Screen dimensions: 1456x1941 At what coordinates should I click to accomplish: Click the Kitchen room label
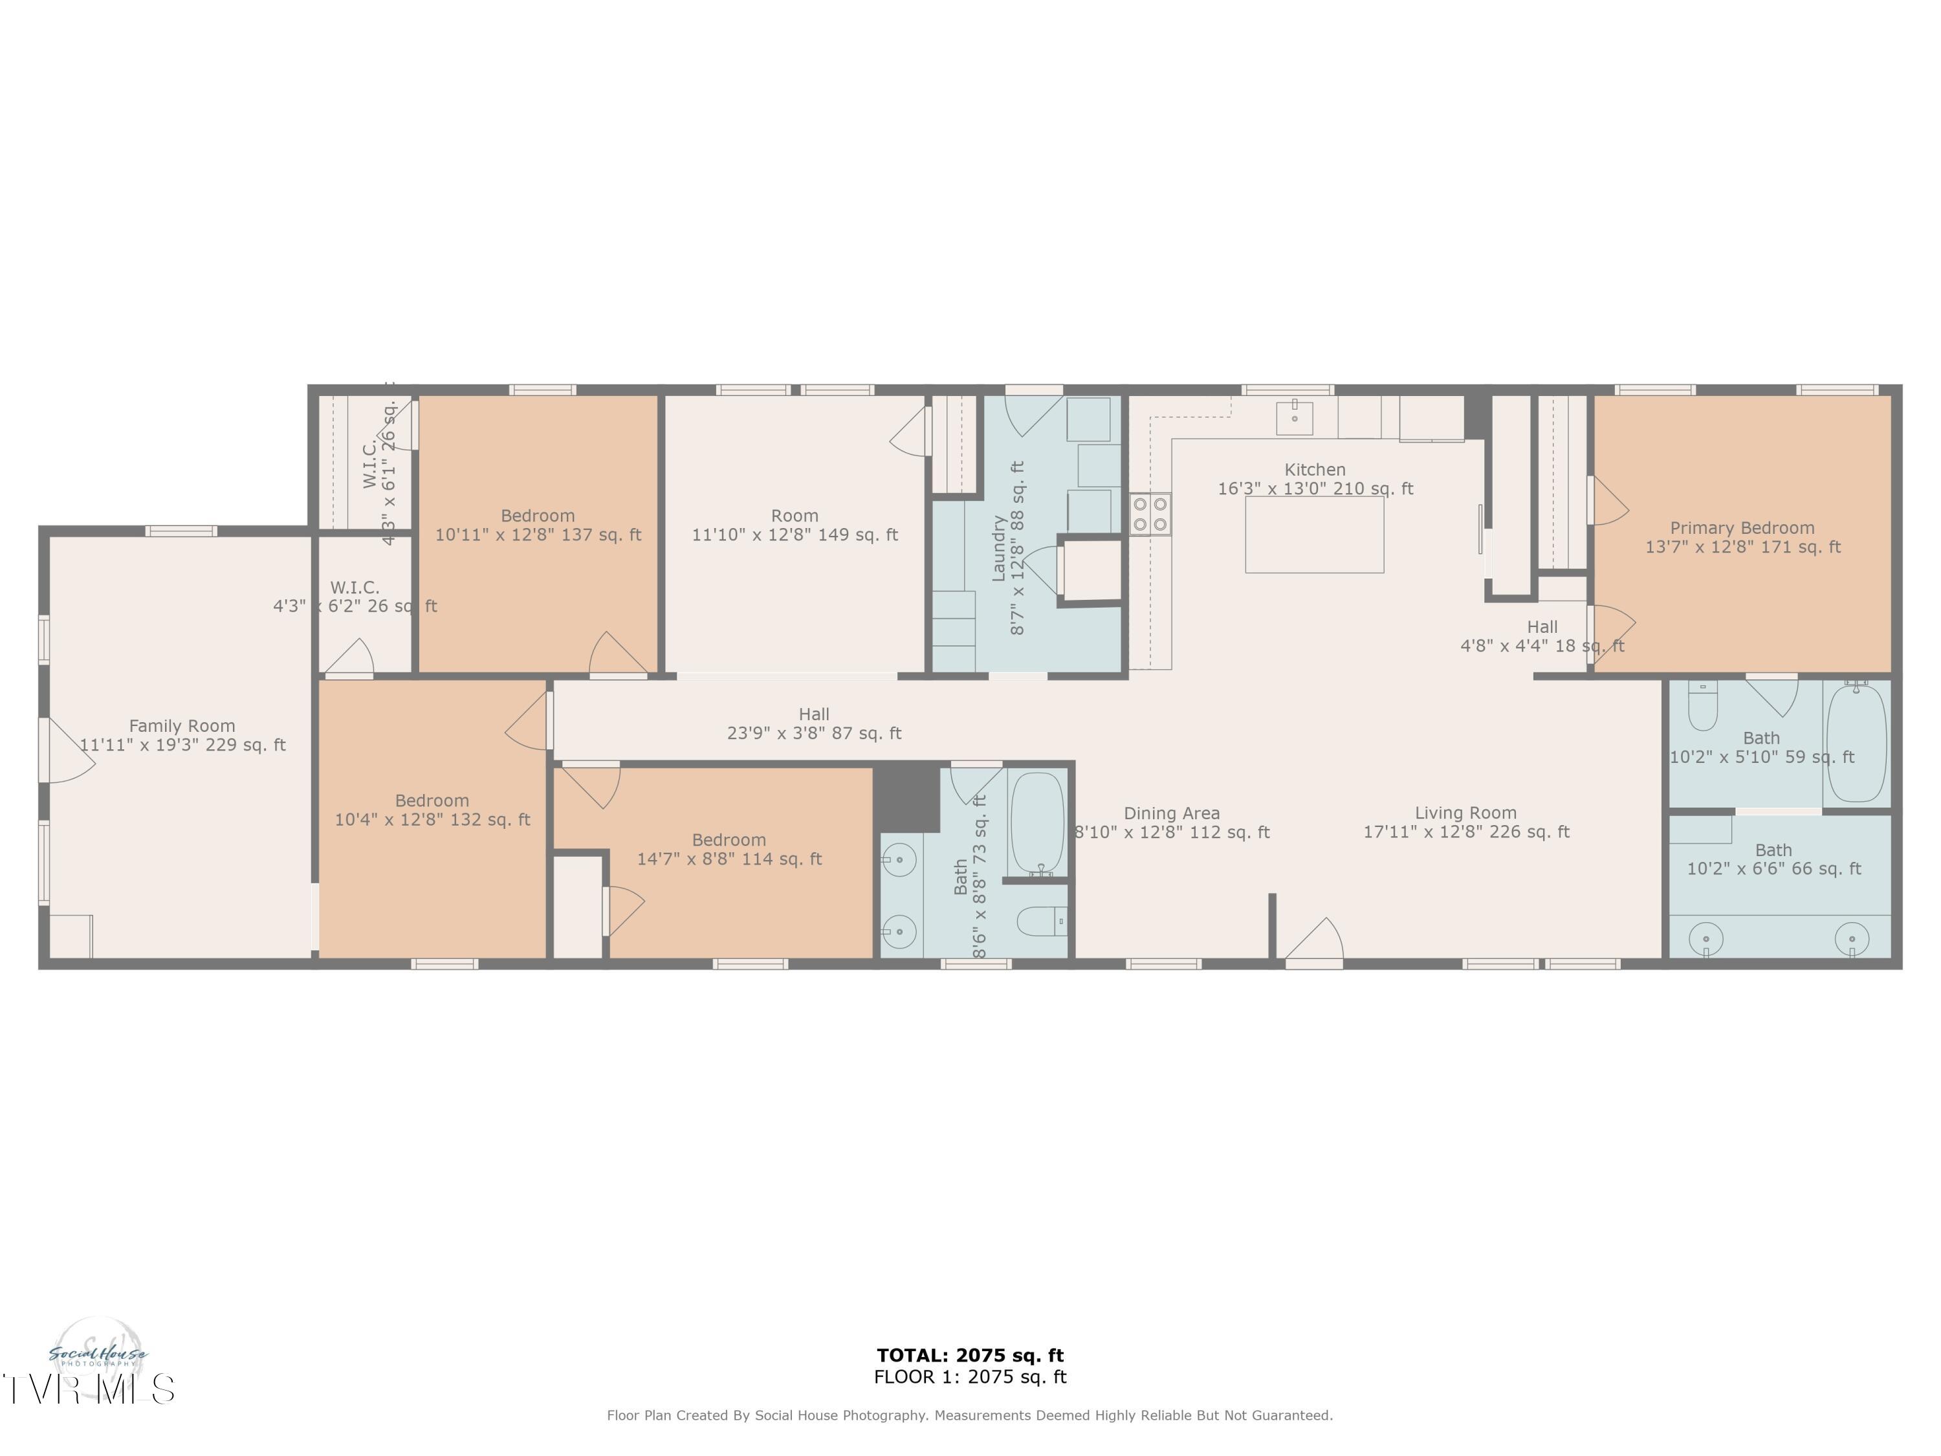click(1315, 470)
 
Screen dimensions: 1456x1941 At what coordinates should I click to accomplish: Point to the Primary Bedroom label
click(1742, 527)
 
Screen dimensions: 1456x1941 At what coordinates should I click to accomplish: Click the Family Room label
click(182, 726)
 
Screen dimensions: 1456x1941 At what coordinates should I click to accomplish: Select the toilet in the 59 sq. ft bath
click(1702, 707)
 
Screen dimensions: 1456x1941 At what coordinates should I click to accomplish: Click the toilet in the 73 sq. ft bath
click(1040, 921)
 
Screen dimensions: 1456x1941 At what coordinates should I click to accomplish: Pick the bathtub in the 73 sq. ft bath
click(1037, 823)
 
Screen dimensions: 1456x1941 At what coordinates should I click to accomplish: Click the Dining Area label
click(1172, 813)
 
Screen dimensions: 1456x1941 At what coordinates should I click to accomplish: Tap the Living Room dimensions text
click(1465, 831)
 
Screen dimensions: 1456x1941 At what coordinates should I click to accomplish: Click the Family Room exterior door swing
click(69, 751)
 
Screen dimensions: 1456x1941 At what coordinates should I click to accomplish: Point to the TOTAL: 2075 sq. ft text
click(970, 1355)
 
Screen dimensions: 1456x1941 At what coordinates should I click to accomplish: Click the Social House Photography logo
click(98, 1356)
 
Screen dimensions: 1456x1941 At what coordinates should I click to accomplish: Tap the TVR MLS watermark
click(88, 1389)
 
